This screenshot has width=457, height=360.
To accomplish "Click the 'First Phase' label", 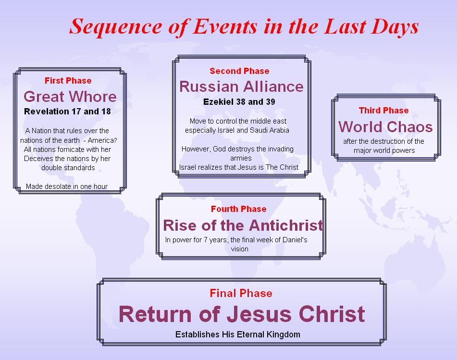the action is [x=68, y=81].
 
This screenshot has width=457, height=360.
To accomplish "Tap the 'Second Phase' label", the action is [x=239, y=71].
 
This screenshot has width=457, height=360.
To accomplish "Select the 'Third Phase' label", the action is [x=383, y=111].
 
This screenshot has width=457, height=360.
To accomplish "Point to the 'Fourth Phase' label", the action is [x=238, y=209].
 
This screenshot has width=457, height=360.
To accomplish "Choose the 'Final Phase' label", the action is [x=241, y=293].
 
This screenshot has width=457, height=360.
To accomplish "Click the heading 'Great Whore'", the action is [x=70, y=97].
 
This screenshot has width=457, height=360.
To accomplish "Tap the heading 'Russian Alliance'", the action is [x=241, y=87].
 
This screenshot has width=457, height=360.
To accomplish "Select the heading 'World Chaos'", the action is [x=385, y=127].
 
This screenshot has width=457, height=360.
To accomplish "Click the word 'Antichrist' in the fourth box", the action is [x=286, y=225].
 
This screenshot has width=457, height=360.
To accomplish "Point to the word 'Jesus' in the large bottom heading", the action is [x=259, y=314].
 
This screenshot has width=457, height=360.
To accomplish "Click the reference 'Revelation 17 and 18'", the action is [x=67, y=112].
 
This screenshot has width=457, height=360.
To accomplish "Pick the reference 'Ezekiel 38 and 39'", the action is [x=239, y=102].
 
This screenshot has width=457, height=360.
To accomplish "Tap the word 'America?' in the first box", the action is [x=102, y=140].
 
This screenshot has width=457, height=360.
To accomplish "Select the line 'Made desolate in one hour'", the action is [x=67, y=186].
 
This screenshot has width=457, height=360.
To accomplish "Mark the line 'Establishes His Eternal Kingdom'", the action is [x=237, y=335].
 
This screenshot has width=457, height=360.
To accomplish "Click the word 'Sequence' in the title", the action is [x=116, y=27].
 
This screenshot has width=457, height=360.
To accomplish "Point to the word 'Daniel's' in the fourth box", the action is [x=295, y=240].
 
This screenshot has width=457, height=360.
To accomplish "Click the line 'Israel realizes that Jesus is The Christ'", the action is [x=239, y=167].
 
